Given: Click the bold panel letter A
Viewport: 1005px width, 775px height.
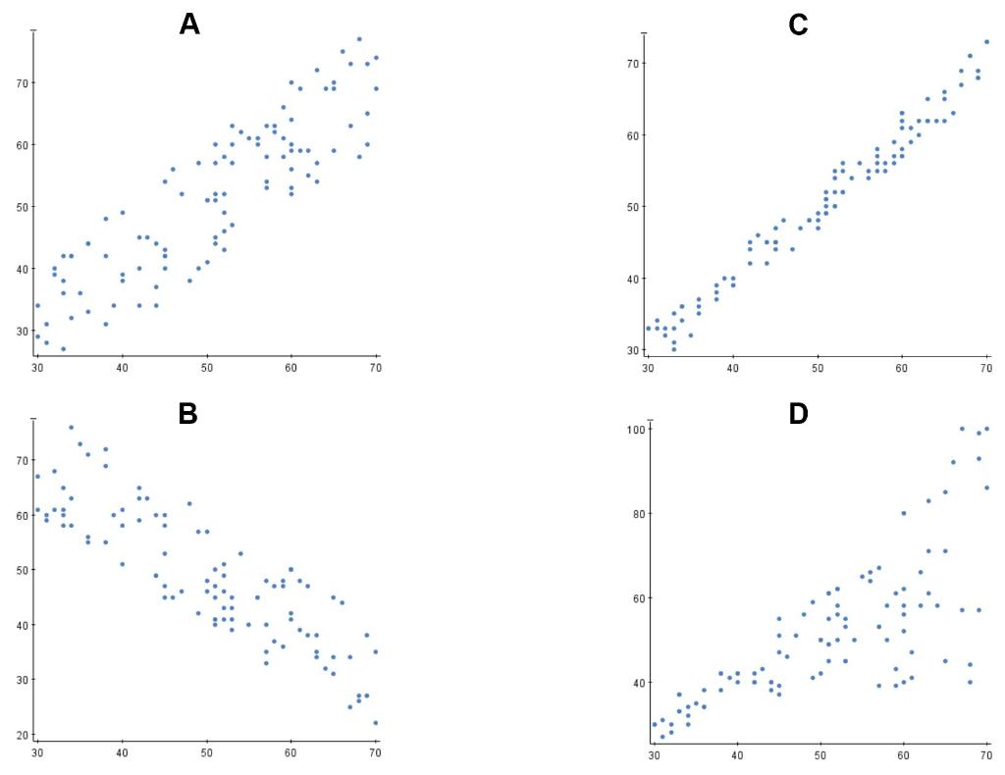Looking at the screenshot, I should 189,25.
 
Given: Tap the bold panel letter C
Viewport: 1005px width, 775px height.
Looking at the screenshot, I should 798,25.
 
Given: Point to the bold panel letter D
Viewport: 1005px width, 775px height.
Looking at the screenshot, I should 798,414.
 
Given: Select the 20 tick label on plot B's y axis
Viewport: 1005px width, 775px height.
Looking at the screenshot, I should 21,735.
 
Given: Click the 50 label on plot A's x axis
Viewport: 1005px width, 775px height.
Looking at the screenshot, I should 207,368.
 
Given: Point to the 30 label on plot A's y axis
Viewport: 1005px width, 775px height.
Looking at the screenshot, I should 21,332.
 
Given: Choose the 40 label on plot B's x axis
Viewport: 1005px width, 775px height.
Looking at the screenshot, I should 122,753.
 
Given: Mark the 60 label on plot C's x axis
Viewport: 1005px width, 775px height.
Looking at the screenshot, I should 902,368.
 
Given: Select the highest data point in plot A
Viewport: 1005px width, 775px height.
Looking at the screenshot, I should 359,39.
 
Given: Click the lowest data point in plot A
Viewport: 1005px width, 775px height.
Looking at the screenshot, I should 63,349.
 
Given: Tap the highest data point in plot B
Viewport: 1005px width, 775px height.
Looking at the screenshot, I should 71,428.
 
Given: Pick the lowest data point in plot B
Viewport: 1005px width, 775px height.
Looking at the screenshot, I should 375,723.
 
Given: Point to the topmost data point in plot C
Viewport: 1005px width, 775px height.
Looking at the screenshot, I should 986,42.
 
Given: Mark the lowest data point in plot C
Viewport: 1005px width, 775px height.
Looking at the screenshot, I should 673,349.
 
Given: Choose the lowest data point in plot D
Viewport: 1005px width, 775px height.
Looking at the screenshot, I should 662,737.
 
